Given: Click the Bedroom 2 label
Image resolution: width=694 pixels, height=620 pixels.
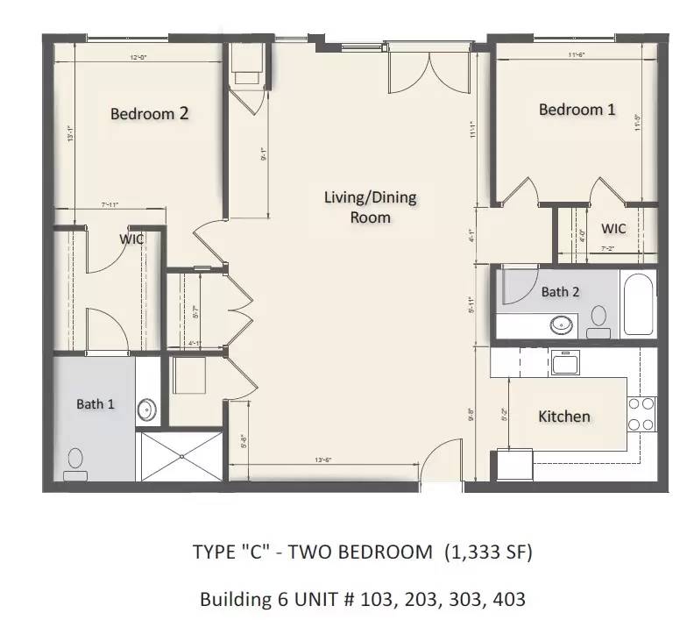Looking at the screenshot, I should coord(149,113).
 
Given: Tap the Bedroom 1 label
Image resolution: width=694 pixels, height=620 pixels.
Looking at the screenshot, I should coord(577,110).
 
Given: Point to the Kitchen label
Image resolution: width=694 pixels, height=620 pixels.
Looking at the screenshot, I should coord(563,417).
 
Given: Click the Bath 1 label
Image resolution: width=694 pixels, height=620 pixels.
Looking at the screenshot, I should coord(96,404).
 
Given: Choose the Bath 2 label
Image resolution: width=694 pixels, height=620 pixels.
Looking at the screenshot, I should coord(560,292).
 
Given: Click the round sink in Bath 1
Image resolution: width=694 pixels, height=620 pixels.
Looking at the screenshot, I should coord(147,410).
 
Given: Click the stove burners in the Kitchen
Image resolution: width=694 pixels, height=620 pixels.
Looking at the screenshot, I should coord(641,414).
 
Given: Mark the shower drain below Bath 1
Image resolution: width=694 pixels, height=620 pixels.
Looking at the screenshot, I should coord(182,456).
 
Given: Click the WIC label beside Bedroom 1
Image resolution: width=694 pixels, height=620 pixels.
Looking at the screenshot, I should coord(613,229).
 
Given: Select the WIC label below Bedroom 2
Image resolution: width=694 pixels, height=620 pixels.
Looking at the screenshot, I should coord(131,239).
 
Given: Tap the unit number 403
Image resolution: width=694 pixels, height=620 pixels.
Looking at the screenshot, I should coord(506,600).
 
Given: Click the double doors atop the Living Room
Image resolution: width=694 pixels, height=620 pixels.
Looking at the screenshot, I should coord(430,72).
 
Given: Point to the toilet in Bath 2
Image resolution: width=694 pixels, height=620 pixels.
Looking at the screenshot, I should coord(599,319).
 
